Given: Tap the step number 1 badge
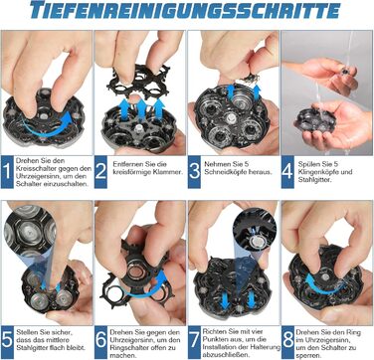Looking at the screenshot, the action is (x=7, y=172).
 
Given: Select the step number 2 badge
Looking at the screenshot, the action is (x=100, y=172).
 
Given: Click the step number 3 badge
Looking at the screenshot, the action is (x=194, y=172).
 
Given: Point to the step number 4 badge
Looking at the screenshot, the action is (x=287, y=172).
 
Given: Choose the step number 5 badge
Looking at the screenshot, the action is (x=7, y=342).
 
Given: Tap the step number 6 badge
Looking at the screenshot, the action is (x=100, y=342).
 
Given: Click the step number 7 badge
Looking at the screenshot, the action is (x=194, y=342).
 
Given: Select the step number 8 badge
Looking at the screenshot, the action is (x=287, y=342).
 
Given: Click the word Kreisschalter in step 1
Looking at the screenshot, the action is (x=32, y=169).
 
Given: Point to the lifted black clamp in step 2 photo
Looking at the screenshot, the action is (x=138, y=82).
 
